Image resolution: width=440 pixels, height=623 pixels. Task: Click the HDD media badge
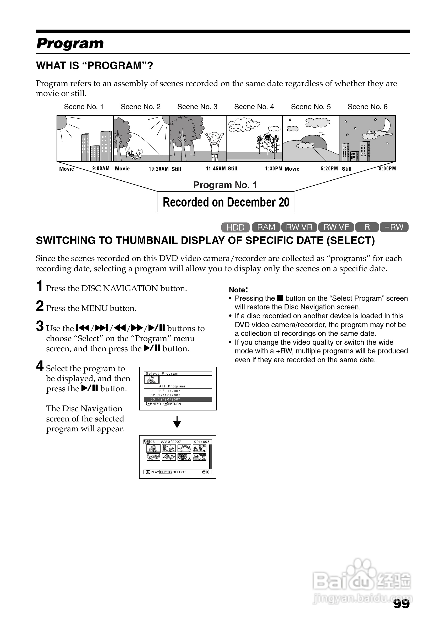235,227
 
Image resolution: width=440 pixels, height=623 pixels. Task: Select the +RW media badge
394,227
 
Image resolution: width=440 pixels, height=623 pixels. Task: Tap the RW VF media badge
336,227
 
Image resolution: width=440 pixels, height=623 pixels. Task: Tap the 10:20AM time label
158,169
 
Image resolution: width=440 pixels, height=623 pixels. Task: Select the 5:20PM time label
329,169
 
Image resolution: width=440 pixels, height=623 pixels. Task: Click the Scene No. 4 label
254,107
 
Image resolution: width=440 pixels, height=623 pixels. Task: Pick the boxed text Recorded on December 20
225,202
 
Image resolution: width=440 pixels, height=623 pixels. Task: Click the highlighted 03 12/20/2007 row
178,399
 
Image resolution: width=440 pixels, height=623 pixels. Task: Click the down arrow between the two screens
177,422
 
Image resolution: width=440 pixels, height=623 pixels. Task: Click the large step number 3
40,326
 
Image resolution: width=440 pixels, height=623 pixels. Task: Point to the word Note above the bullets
238,290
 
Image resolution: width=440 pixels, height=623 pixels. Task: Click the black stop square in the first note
280,298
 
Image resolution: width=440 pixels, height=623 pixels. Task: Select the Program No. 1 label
225,185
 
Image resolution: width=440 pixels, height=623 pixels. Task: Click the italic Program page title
70,43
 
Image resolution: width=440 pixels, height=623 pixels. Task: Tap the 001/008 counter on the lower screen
202,442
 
